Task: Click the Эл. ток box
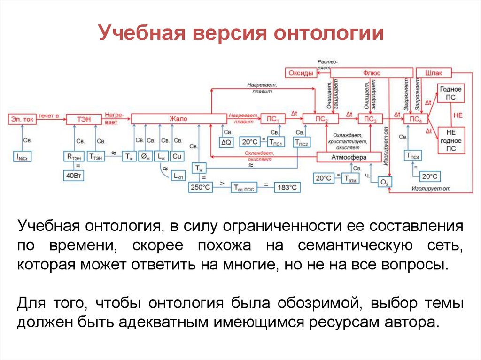(x=23, y=119)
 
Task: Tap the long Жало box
(x=178, y=119)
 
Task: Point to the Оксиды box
(x=301, y=73)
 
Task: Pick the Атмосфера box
(x=348, y=157)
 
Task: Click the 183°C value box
(x=287, y=187)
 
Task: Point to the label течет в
(x=49, y=115)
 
